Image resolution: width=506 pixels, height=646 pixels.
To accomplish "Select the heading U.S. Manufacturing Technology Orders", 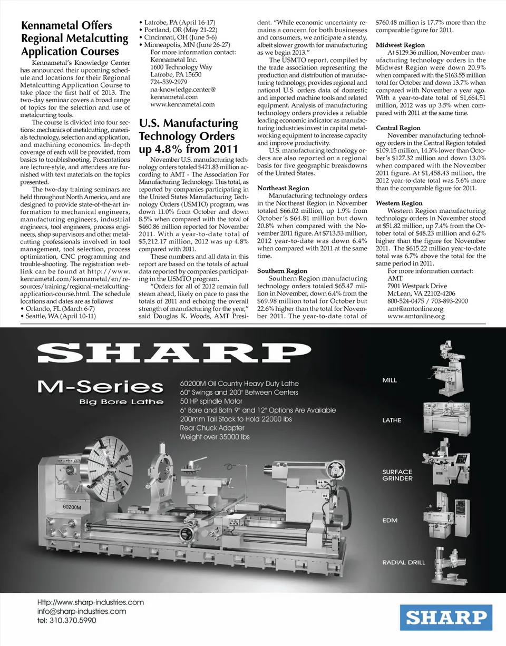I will tap(188, 136).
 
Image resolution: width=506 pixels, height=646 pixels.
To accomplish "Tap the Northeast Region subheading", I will tap(283, 188).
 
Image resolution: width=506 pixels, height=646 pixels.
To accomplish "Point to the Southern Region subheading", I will tap(282, 271).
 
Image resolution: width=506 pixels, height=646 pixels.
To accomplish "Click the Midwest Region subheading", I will tap(400, 45).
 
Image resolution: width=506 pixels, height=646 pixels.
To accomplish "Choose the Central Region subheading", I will tap(398, 128).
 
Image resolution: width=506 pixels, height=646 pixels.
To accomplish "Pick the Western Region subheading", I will tap(399, 203).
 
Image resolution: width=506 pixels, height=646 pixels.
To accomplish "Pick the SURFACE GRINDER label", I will tap(397, 475).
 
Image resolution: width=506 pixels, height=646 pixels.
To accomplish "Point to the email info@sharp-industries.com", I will tap(82, 611).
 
